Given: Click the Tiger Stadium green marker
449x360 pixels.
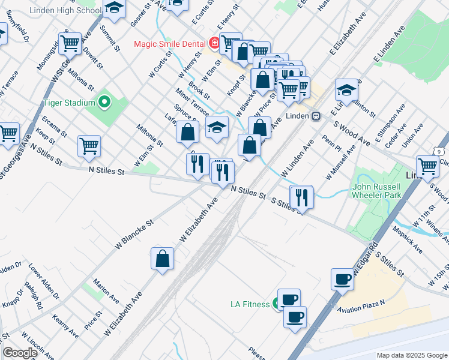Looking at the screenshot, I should coord(105,103).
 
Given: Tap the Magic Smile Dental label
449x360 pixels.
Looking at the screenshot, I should coord(170,44).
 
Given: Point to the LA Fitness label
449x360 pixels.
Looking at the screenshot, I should coord(250,304).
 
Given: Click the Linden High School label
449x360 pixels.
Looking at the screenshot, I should coord(73,11).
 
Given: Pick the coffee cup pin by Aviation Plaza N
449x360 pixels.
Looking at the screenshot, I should coord(342,278).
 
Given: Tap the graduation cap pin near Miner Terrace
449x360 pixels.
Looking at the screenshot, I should coord(217,127).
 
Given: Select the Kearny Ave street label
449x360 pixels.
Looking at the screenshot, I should coord(65,325).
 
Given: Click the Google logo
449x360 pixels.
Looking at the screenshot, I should coord(20,353).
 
